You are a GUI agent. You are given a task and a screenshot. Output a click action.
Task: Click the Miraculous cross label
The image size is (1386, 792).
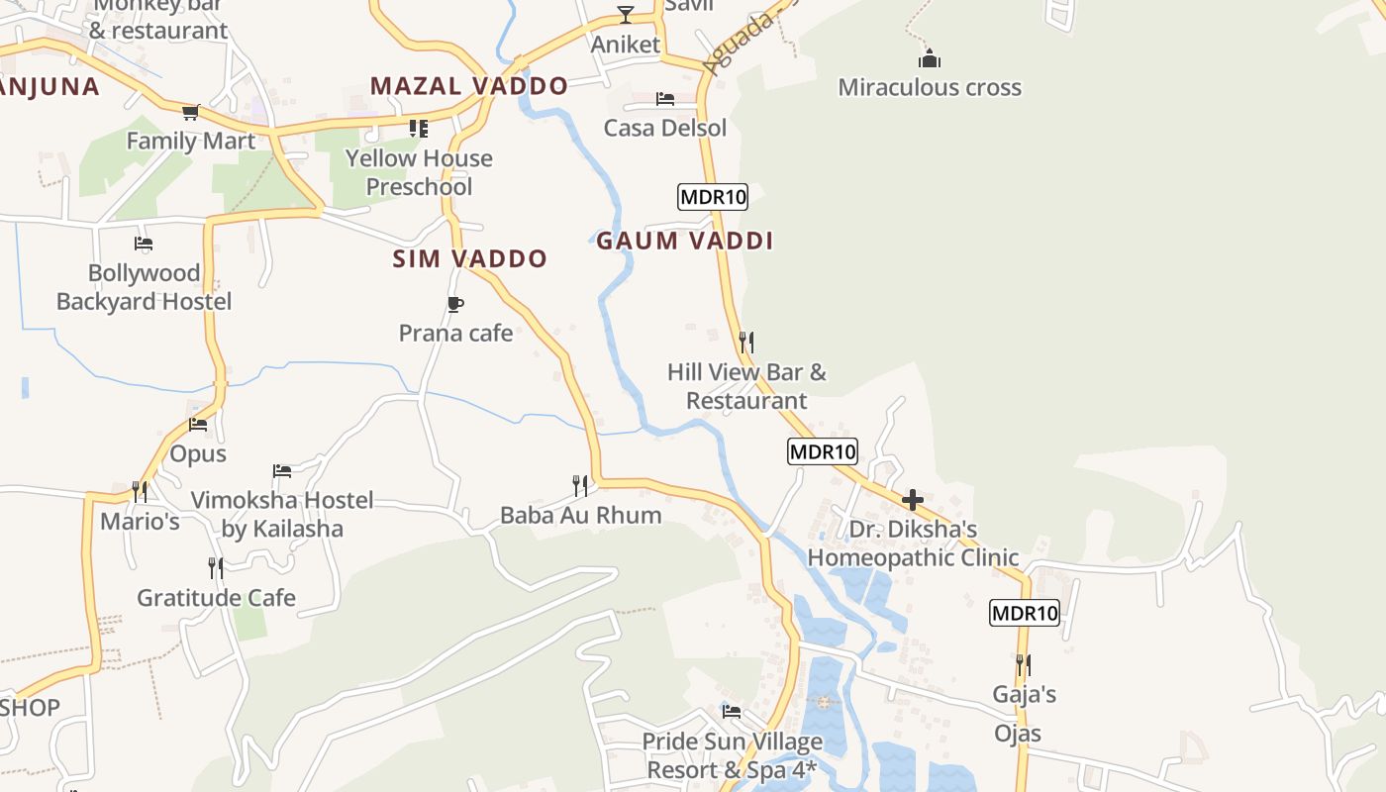tap(930, 87)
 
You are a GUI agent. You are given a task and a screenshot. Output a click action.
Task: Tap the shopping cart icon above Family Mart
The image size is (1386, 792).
tap(190, 112)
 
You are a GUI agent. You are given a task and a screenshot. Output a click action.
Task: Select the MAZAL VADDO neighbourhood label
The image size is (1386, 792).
tap(469, 86)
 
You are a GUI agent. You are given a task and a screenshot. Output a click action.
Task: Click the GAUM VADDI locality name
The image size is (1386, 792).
tap(684, 241)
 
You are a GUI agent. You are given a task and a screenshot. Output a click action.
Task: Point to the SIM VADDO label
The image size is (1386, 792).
tap(469, 259)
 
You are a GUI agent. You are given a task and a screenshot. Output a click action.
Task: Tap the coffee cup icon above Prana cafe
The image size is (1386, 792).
tap(455, 304)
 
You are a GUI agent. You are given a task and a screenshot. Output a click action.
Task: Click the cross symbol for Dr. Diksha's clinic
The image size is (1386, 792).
tap(913, 500)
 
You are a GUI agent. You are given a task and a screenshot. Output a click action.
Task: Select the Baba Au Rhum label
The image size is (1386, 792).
tap(580, 515)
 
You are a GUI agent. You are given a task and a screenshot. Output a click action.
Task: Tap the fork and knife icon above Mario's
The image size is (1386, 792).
tap(140, 490)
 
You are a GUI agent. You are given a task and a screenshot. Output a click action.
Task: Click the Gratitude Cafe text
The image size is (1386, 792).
tap(216, 598)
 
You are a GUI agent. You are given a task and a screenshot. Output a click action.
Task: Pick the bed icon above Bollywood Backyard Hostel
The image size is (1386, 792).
tap(144, 243)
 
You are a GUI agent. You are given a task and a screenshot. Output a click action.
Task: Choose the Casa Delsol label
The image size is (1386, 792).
tap(665, 128)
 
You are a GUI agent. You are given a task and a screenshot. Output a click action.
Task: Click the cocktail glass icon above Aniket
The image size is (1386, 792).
tap(626, 14)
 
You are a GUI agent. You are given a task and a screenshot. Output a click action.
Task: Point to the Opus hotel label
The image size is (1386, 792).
tap(198, 454)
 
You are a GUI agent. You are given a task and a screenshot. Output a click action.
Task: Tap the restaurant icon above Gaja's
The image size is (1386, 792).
tap(1024, 664)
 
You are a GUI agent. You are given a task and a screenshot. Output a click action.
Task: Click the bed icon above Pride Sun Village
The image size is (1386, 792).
tap(732, 711)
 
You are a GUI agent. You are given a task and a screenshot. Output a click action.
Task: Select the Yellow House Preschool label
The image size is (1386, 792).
tap(419, 172)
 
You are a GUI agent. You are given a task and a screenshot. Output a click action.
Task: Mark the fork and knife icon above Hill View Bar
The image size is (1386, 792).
tap(746, 343)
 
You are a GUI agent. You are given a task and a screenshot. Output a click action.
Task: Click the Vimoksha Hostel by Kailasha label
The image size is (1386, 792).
tap(282, 514)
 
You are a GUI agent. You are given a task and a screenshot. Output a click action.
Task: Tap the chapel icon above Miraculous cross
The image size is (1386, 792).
tap(929, 57)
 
